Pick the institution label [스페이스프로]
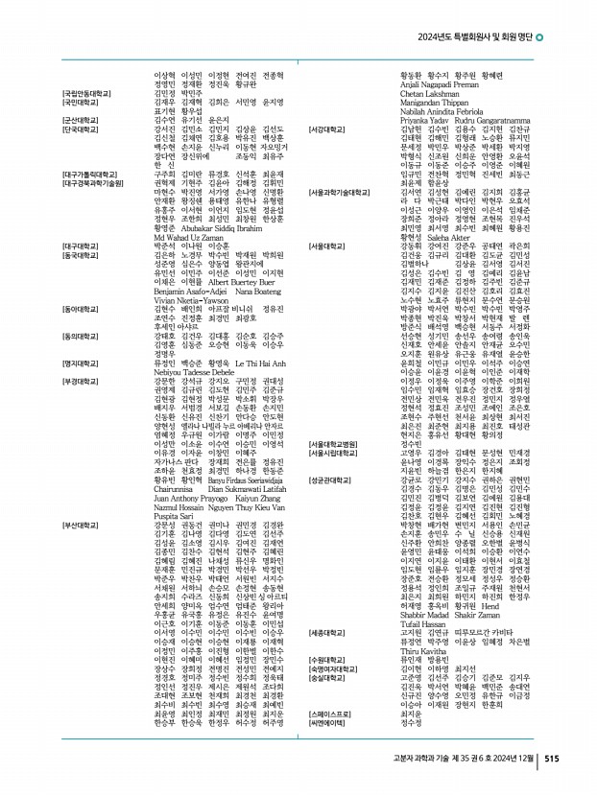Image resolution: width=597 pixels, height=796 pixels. pos(329,714)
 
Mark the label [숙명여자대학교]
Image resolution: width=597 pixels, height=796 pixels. pos(335,669)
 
